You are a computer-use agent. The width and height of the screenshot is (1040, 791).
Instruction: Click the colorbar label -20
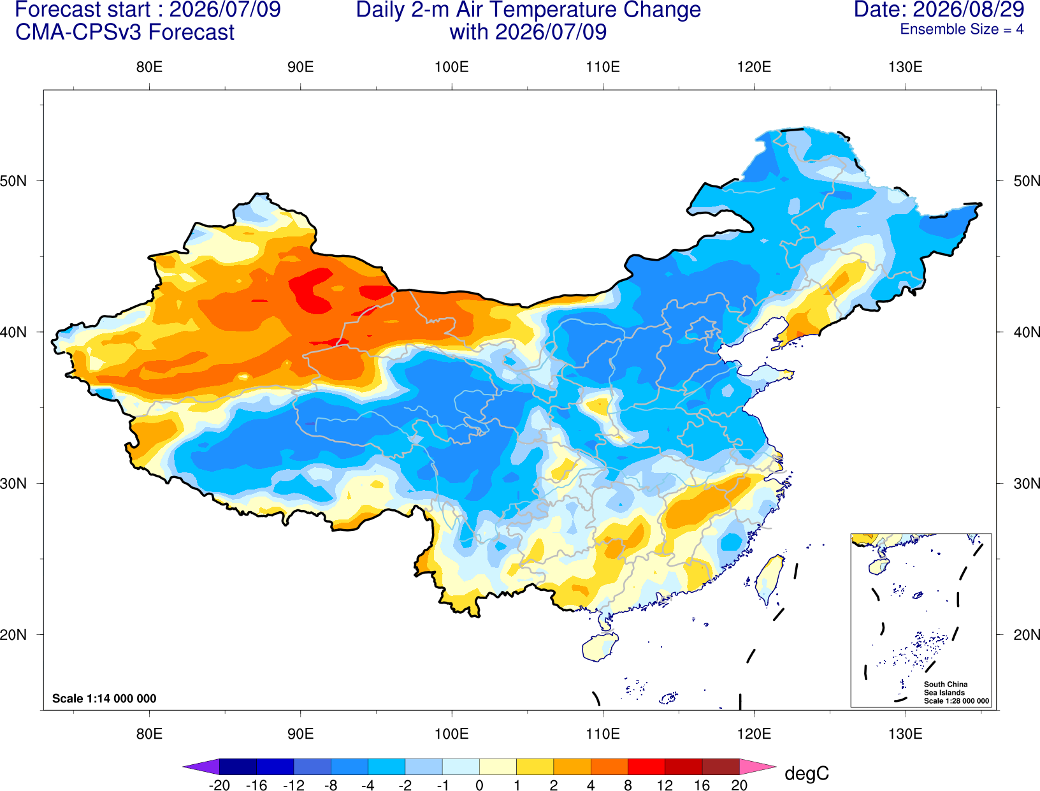(219, 785)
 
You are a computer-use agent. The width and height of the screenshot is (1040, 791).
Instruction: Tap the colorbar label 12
(664, 785)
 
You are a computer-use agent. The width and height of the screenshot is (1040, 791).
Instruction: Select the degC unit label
(806, 774)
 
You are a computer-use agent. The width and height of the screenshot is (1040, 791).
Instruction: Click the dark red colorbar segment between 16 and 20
(721, 766)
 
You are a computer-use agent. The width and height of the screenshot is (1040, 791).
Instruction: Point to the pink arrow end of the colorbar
(756, 766)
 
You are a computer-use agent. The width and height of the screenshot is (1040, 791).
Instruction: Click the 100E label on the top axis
(452, 67)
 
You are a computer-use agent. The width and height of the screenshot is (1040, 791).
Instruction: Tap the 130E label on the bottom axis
(905, 734)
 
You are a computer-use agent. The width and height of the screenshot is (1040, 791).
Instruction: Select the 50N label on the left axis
(13, 180)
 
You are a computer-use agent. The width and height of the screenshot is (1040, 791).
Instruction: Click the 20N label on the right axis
(1027, 634)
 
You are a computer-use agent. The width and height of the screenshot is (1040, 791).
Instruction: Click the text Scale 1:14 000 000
(105, 698)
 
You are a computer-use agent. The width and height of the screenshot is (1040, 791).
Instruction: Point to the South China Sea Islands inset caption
(956, 692)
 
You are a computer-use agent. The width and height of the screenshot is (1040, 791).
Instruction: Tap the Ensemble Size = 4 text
(962, 29)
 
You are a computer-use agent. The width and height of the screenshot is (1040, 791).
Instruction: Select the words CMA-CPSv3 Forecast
(125, 33)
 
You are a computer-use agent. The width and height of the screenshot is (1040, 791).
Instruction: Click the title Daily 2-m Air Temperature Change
(528, 10)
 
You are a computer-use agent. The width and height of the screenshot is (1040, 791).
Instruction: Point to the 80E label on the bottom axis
(149, 734)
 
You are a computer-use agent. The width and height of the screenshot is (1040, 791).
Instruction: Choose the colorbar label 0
(479, 785)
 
